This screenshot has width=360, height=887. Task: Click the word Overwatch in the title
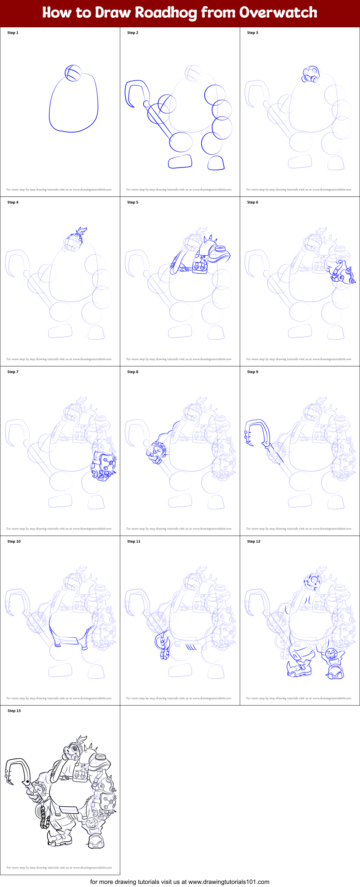(278, 13)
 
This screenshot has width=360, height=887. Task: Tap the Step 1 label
(13, 33)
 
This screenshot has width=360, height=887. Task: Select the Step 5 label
(132, 202)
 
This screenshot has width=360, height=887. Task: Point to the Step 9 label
(252, 372)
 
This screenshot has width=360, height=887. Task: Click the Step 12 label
(253, 541)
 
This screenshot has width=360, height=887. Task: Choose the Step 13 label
(14, 711)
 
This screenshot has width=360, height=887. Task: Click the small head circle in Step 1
(73, 73)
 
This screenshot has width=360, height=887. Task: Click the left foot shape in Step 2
(180, 161)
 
